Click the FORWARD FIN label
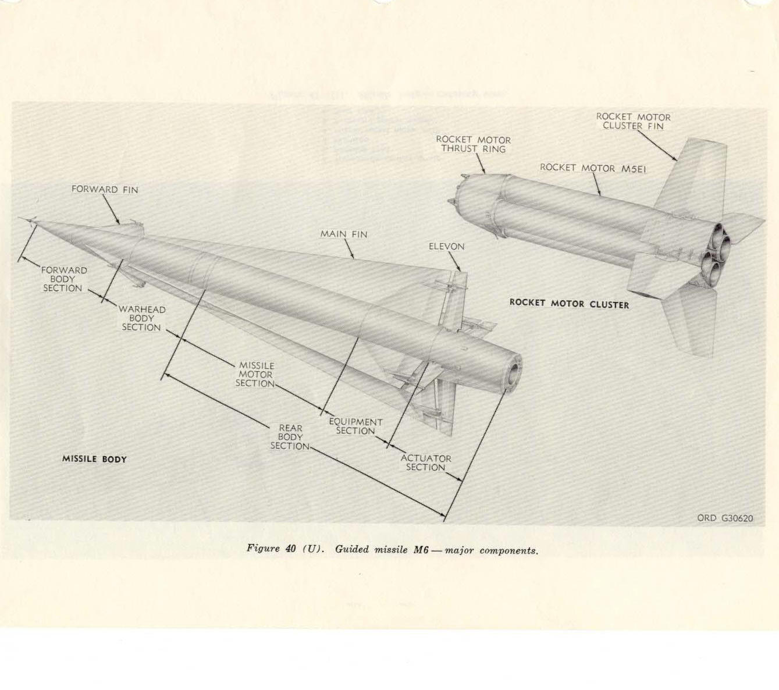tap(105, 190)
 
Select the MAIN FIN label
tap(343, 234)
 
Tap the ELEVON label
tap(446, 247)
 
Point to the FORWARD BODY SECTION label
tap(63, 279)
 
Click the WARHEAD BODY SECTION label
tap(141, 318)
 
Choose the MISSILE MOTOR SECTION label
tap(255, 375)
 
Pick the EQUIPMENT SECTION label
tap(355, 426)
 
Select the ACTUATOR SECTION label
tap(425, 463)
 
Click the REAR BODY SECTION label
tap(290, 437)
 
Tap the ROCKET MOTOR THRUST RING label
tap(473, 144)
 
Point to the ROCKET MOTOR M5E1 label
tap(592, 168)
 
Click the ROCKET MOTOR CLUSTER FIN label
tap(633, 122)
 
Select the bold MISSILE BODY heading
tap(94, 459)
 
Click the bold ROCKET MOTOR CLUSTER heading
tap(569, 303)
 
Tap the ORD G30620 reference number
tap(725, 518)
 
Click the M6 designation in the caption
tap(421, 549)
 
